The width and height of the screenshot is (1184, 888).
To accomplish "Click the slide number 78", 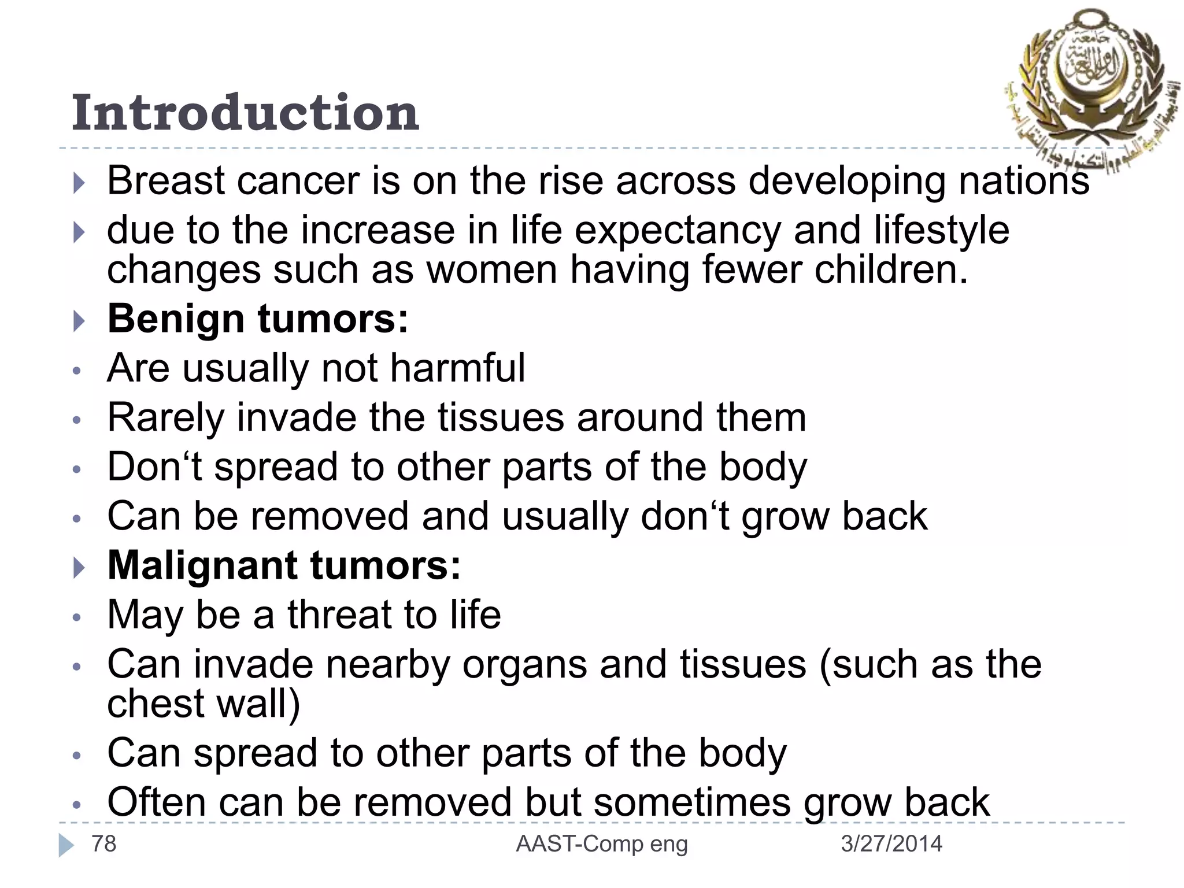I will point(104,844).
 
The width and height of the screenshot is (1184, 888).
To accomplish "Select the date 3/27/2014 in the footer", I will point(891,844).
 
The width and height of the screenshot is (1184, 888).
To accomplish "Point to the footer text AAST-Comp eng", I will point(601,844).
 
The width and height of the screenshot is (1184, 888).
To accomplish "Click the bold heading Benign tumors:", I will point(258,319).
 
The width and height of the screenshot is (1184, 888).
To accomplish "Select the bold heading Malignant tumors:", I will point(284,565).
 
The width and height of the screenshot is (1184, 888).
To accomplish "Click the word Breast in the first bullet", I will point(166,181).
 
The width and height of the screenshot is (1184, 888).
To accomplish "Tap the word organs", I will point(524,664).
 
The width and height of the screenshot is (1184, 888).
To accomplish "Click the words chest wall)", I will point(203,704).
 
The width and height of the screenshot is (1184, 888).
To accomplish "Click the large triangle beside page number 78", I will point(66,845).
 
